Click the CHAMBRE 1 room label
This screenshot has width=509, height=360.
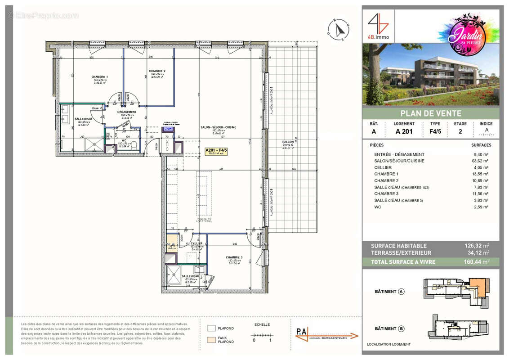[99, 77]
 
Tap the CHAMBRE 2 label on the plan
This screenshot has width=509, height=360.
[157, 71]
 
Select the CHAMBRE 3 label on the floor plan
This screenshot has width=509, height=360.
[234, 258]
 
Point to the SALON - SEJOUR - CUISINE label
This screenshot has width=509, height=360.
[218, 127]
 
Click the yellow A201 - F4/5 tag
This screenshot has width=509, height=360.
[216, 151]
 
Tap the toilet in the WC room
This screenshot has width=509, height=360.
[133, 144]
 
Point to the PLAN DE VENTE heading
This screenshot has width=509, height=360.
[431, 113]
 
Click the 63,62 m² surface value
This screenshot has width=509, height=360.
[481, 161]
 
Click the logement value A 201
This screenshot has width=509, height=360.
[404, 132]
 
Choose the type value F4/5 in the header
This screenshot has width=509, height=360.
[435, 132]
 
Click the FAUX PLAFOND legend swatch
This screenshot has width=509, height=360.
[211, 339]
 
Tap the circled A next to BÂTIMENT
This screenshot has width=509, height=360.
[401, 292]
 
